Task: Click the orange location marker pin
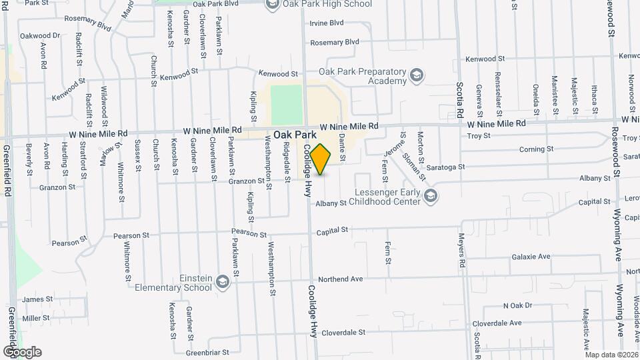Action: (x=320, y=159)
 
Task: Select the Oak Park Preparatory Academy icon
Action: (x=417, y=75)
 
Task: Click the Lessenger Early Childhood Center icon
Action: (x=431, y=195)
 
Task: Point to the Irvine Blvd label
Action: (x=327, y=23)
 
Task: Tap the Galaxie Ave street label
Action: (x=531, y=257)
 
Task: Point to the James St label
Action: (x=37, y=300)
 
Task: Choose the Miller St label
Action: (x=36, y=319)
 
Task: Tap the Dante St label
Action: (x=341, y=147)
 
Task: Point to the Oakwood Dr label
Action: (x=40, y=36)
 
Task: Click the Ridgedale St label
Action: (x=287, y=157)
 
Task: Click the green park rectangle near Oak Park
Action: (x=287, y=105)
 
